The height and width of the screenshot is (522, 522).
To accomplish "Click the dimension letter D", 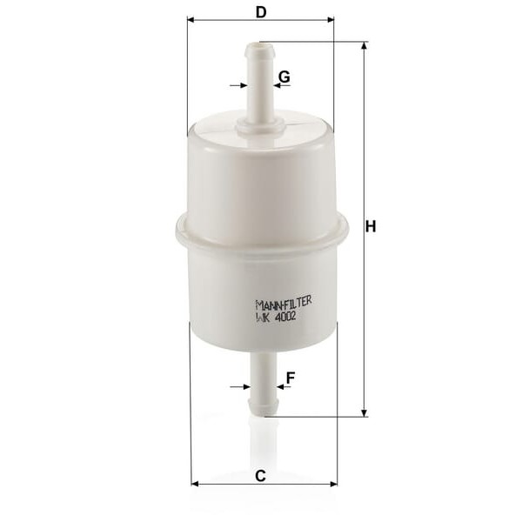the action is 261,12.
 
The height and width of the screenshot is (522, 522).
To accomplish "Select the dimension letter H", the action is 371,226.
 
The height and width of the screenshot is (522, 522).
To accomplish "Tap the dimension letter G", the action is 284,77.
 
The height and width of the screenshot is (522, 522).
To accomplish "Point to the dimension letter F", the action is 291,378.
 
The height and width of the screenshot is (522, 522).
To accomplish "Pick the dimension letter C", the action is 260,476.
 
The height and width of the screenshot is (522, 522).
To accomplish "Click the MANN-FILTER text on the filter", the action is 284,302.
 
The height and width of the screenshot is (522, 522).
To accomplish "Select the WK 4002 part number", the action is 276,317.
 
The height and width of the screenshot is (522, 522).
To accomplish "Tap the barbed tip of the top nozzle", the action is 259,50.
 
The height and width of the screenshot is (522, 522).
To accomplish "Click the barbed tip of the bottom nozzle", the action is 264,408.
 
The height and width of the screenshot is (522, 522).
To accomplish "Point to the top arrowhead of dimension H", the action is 365,45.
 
